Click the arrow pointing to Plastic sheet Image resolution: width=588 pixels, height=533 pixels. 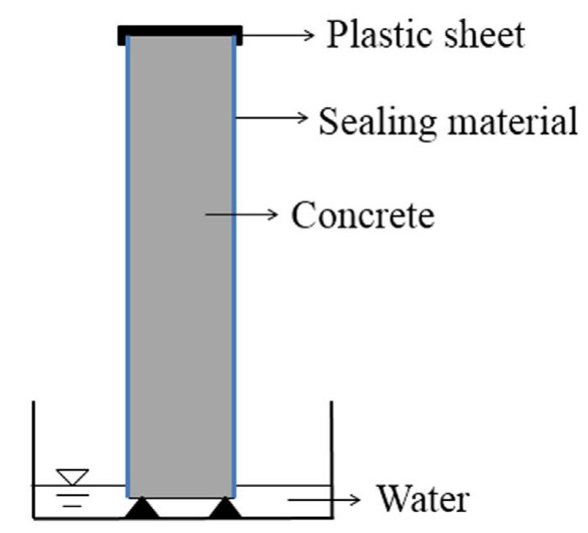(278, 35)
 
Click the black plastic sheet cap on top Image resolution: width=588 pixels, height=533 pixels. (180, 35)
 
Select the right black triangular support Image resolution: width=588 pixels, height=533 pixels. (224, 508)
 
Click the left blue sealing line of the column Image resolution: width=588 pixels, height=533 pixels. (127, 269)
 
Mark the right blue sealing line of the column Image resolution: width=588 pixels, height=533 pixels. (233, 269)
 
